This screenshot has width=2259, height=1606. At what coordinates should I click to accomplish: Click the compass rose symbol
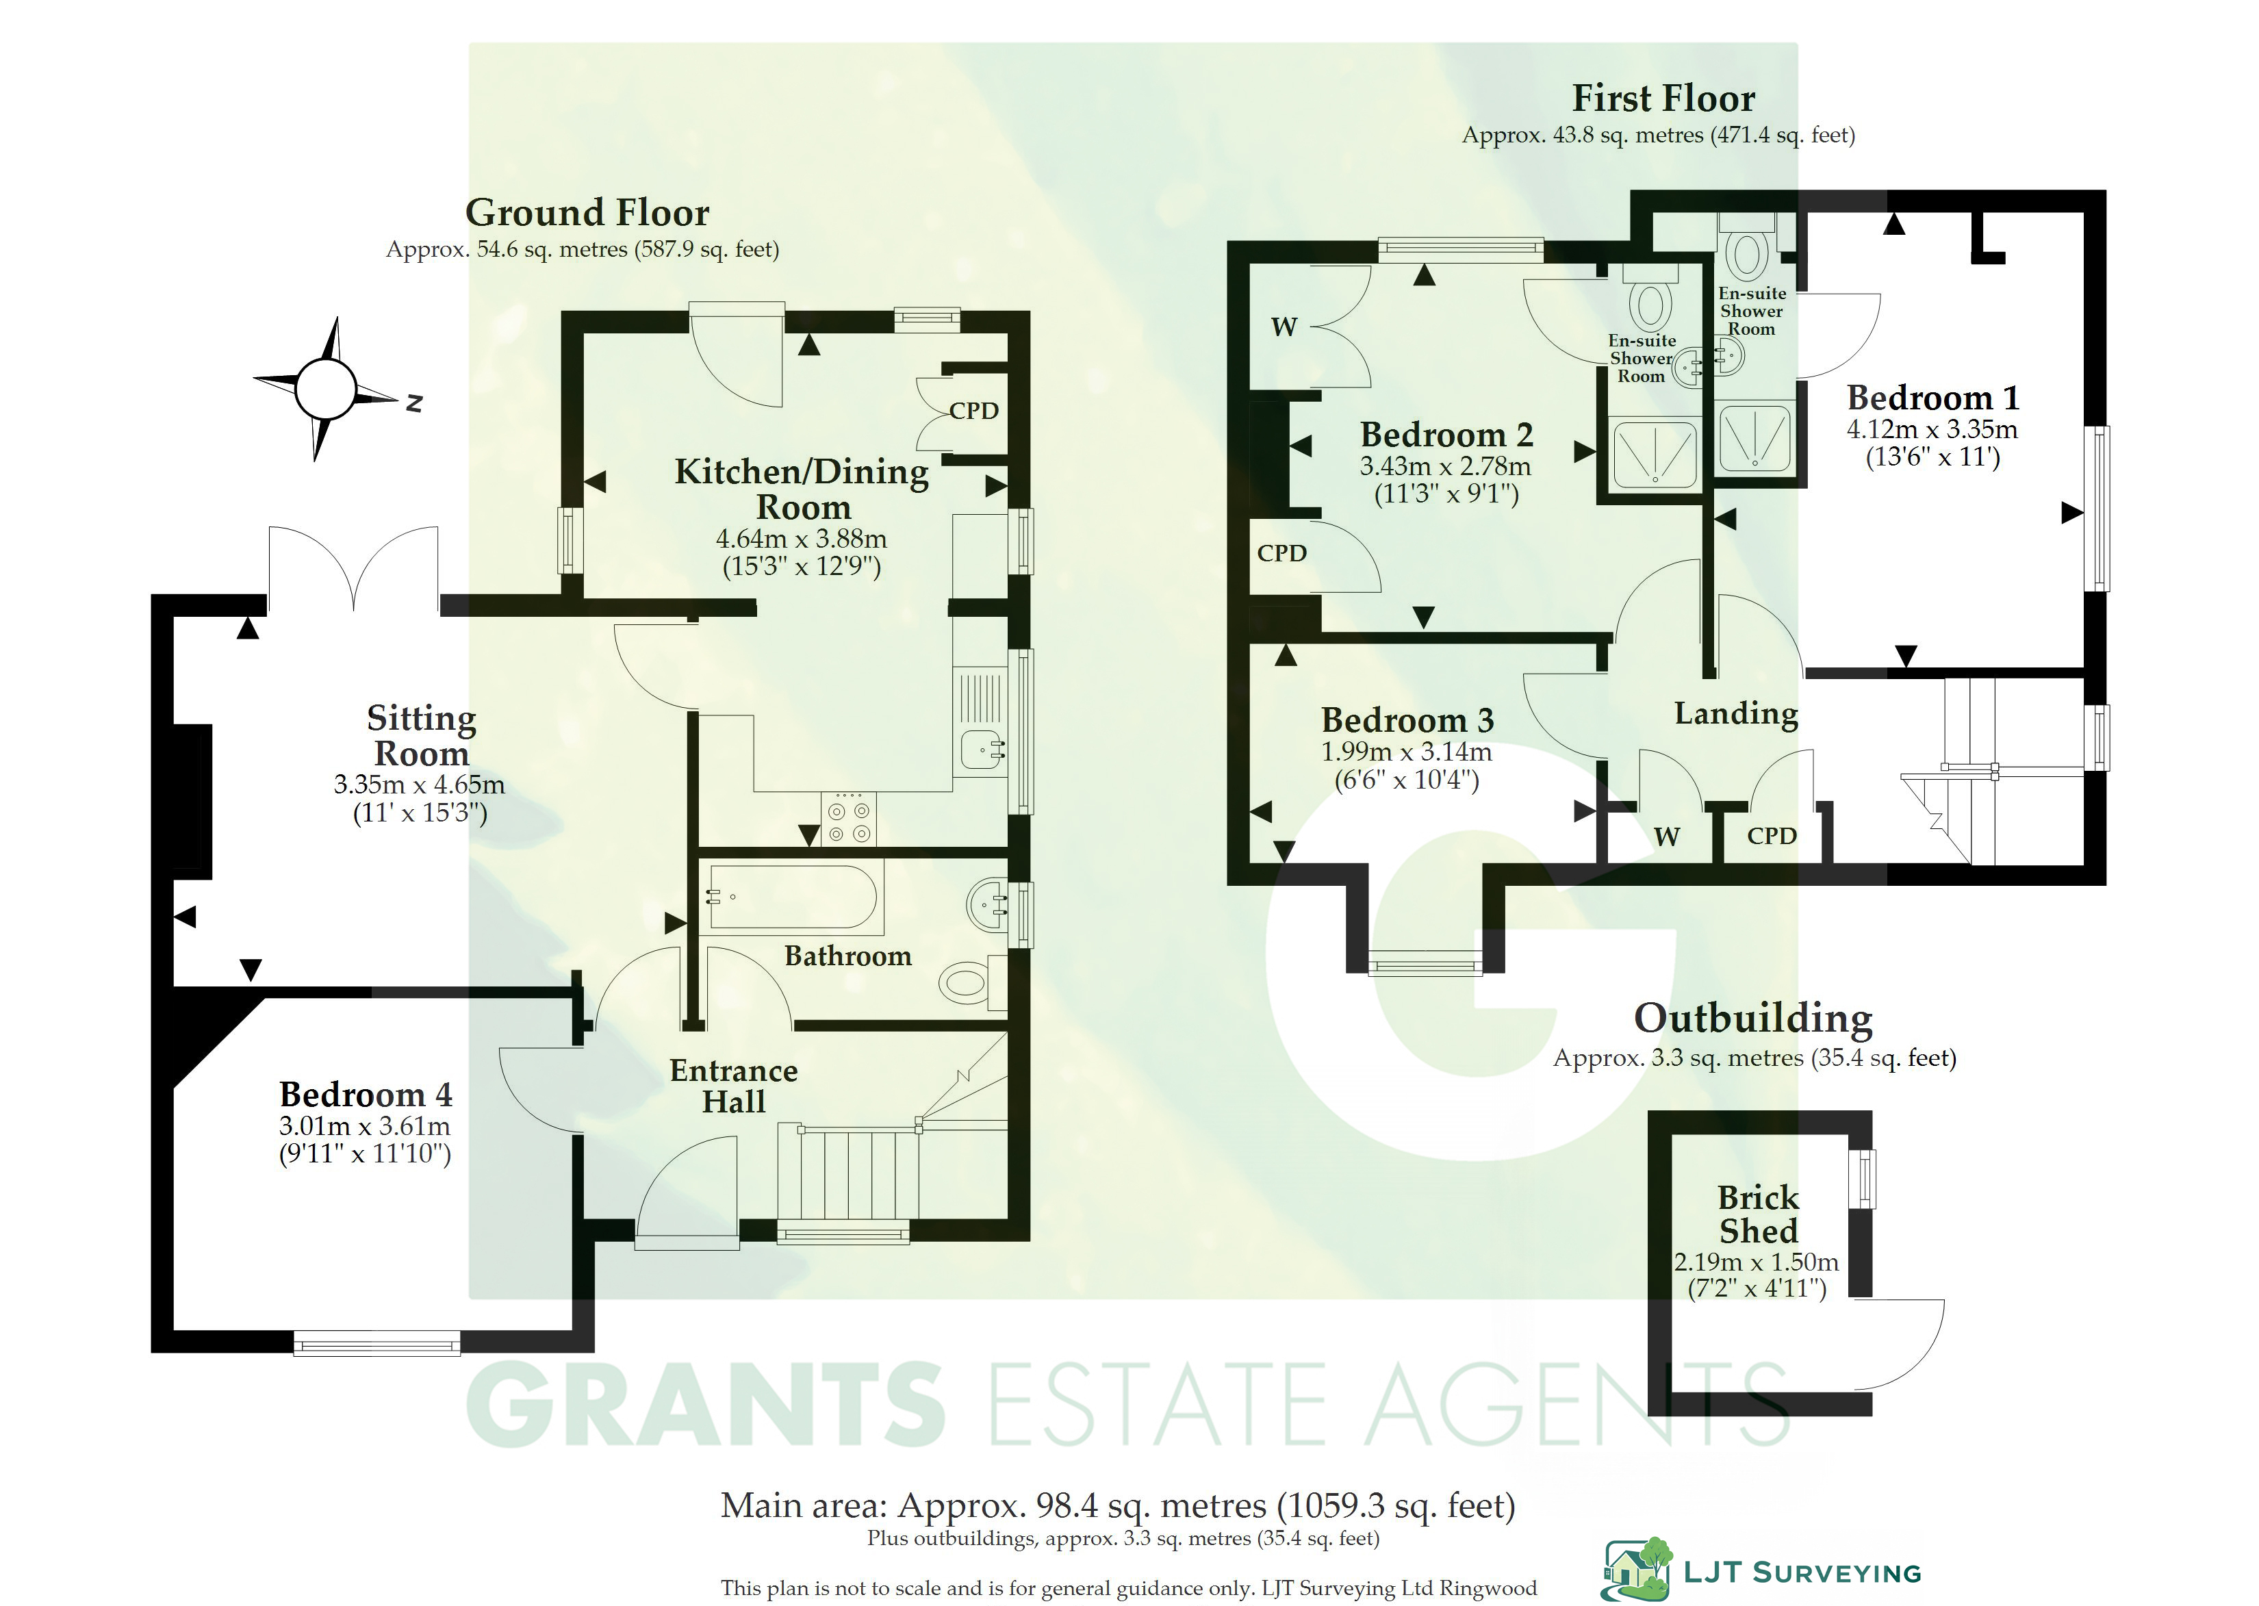(324, 389)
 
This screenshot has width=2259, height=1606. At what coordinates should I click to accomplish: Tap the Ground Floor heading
(587, 213)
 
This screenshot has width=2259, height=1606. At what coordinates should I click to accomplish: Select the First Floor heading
(1664, 99)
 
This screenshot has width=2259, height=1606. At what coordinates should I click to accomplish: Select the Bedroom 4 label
(366, 1095)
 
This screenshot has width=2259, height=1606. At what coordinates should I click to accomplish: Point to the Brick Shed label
(1758, 1214)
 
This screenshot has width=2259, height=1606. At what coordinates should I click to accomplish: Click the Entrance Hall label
(734, 1086)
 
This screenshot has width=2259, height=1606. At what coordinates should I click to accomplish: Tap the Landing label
(1736, 714)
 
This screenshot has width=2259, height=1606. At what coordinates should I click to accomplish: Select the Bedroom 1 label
(1932, 398)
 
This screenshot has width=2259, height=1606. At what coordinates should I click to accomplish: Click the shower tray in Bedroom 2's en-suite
(1654, 456)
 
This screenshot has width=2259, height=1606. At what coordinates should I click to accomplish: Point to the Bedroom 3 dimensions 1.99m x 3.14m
(1407, 752)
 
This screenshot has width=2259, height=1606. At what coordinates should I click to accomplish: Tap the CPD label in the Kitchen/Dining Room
(974, 411)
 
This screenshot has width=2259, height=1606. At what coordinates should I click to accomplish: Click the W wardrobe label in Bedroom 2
(1284, 327)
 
